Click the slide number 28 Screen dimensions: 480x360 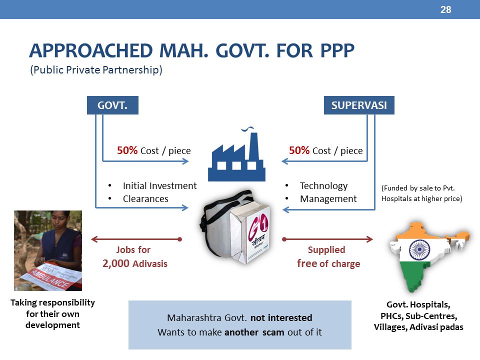pyautogui.click(x=445, y=9)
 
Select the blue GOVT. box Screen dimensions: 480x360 pyautogui.click(x=112, y=105)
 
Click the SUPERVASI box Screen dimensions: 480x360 pyautogui.click(x=359, y=105)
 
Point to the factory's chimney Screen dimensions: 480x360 pyautogui.click(x=254, y=146)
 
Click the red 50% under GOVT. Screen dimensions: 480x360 pyautogui.click(x=127, y=150)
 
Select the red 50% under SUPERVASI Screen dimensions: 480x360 pyautogui.click(x=299, y=150)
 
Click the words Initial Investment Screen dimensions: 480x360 pyautogui.click(x=160, y=186)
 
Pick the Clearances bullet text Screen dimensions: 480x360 pyautogui.click(x=145, y=199)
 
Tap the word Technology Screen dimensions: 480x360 pyautogui.click(x=324, y=186)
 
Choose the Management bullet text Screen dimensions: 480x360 pyautogui.click(x=328, y=199)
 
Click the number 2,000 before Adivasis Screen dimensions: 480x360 pyautogui.click(x=115, y=263)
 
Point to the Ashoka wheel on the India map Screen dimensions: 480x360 pyautogui.click(x=419, y=249)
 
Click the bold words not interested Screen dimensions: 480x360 pyautogui.click(x=281, y=318)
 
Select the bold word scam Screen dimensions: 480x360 pyautogui.click(x=273, y=332)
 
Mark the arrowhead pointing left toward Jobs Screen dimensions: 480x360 pyautogui.click(x=94, y=239)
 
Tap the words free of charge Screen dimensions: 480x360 pyautogui.click(x=328, y=263)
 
